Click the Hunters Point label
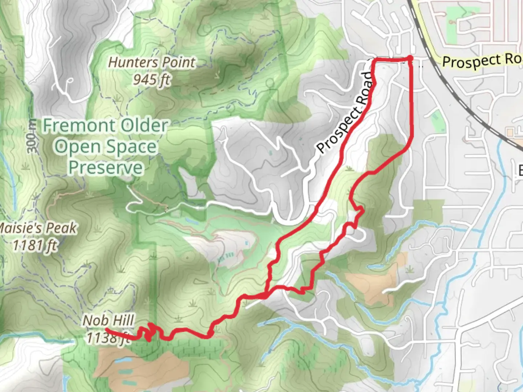152,62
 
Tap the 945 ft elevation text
151,79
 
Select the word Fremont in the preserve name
79,126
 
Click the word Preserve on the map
106,168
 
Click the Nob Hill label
108,320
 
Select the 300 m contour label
32,136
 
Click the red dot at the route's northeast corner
410,58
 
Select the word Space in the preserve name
131,147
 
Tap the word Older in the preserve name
144,126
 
